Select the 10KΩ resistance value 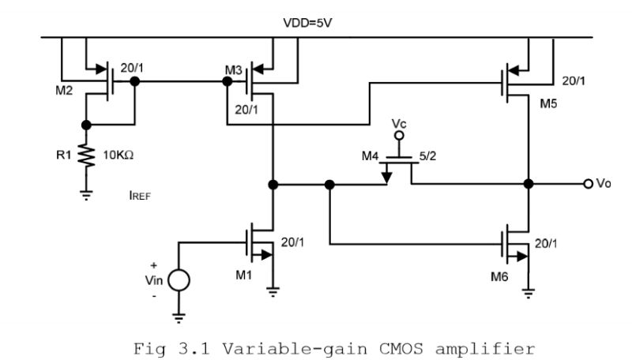click(118, 154)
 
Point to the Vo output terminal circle click(588, 184)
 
